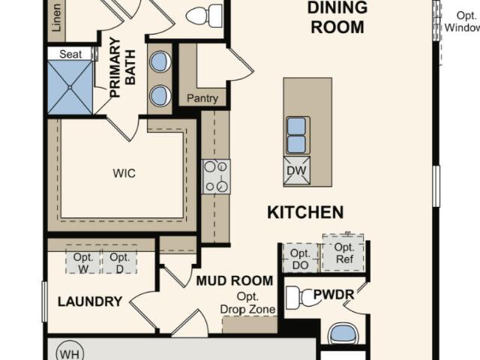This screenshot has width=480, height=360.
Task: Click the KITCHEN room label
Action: click(x=305, y=212)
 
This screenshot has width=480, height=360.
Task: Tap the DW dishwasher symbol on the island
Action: click(x=297, y=170)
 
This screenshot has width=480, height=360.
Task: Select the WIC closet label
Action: click(x=124, y=173)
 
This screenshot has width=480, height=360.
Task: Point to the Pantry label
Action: click(x=202, y=98)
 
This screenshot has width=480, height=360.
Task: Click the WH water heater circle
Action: click(x=70, y=351)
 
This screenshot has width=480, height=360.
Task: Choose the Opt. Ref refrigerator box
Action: click(x=343, y=253)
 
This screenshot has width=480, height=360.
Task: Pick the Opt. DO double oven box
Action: click(x=301, y=258)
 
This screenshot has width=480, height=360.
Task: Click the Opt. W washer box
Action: click(x=83, y=259)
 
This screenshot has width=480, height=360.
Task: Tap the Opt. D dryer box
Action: click(x=120, y=259)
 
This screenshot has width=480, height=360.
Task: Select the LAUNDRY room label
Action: click(x=90, y=301)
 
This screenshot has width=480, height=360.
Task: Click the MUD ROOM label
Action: click(x=235, y=280)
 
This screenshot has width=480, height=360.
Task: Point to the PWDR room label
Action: click(x=334, y=295)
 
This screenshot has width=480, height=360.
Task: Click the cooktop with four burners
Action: click(x=216, y=177)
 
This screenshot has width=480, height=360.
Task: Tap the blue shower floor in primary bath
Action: click(x=70, y=87)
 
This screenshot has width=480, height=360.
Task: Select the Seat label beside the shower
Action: click(x=70, y=54)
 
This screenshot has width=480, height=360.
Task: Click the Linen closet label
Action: click(x=57, y=18)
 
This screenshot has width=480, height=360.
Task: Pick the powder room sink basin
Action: click(x=343, y=334)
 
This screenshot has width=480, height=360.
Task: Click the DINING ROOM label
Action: click(x=337, y=17)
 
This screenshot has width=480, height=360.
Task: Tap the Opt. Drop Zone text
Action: click(x=247, y=303)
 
